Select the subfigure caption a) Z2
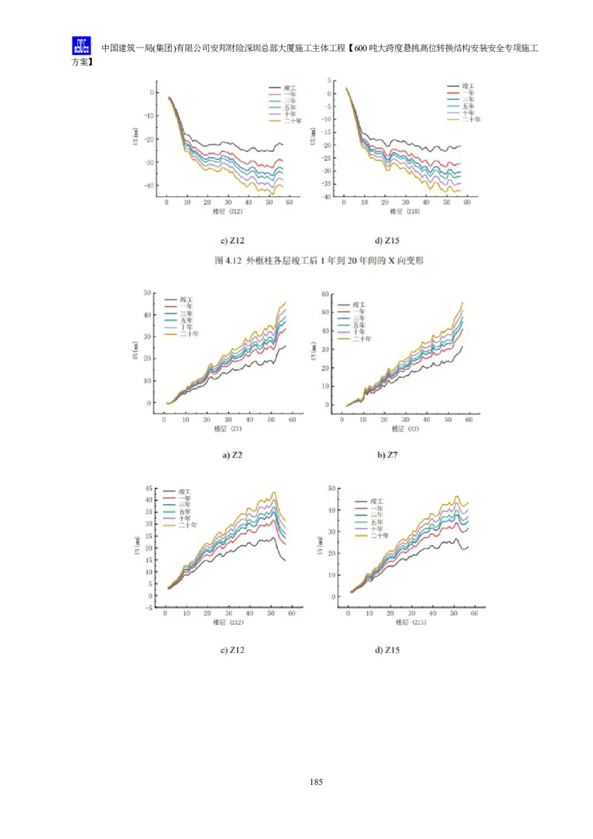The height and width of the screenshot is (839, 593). tap(232, 454)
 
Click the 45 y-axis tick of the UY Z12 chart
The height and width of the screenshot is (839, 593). tap(148, 488)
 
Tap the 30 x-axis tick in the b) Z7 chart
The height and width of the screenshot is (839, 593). tap(405, 420)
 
